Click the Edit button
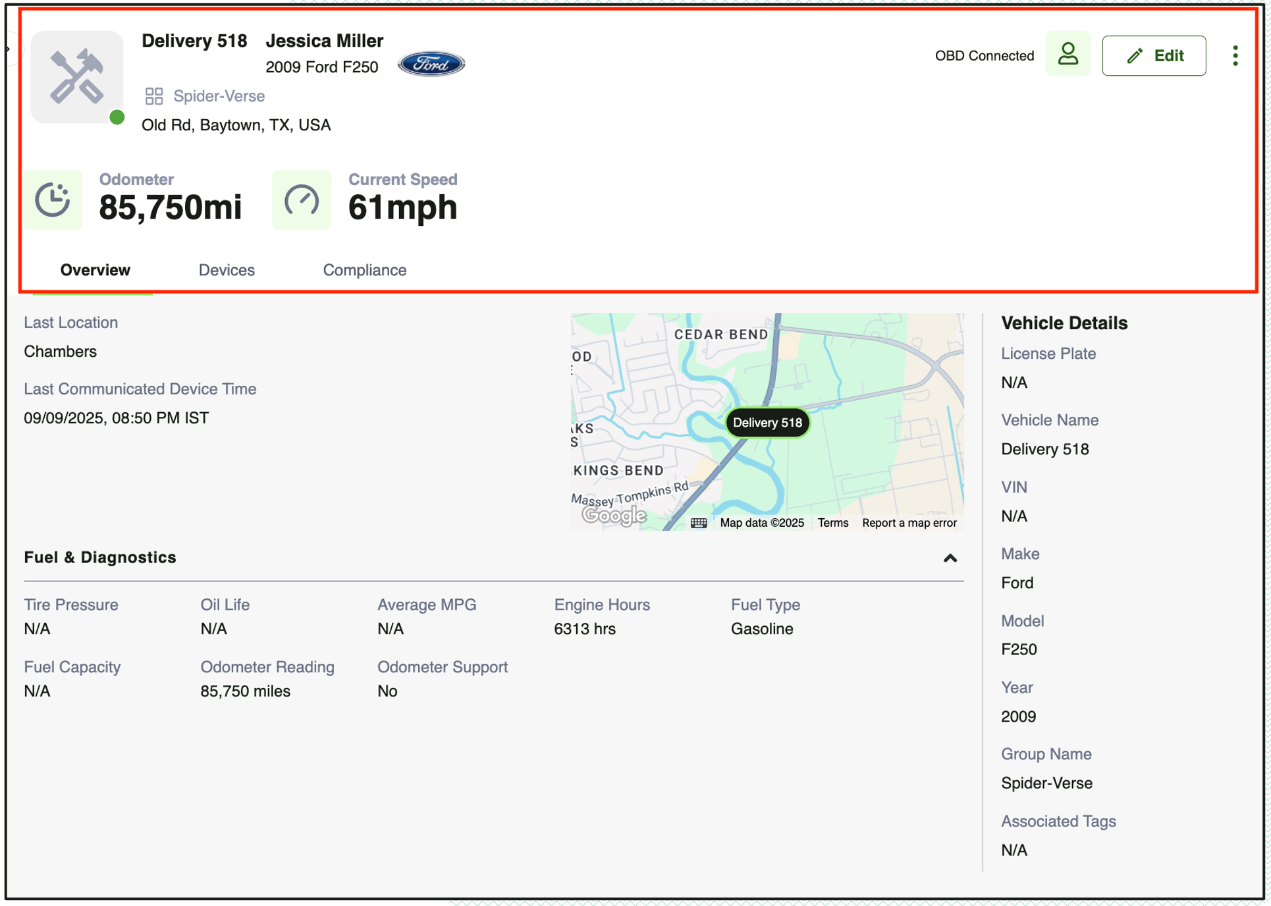point(1154,56)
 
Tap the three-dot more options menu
point(1235,56)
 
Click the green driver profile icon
point(1068,54)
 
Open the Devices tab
point(227,270)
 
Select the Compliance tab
point(364,270)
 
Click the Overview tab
point(95,270)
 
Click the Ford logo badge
point(431,64)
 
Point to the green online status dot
point(117,117)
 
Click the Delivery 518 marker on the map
point(767,423)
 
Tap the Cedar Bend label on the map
point(721,334)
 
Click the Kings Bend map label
point(618,470)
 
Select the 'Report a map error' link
point(909,523)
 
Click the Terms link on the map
point(833,523)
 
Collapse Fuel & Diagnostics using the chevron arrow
point(950,558)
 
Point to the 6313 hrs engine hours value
point(585,629)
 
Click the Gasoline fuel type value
point(762,629)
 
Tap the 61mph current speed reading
point(402,207)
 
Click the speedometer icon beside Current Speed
point(302,200)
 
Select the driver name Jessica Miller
point(325,41)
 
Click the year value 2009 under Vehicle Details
point(1018,716)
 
